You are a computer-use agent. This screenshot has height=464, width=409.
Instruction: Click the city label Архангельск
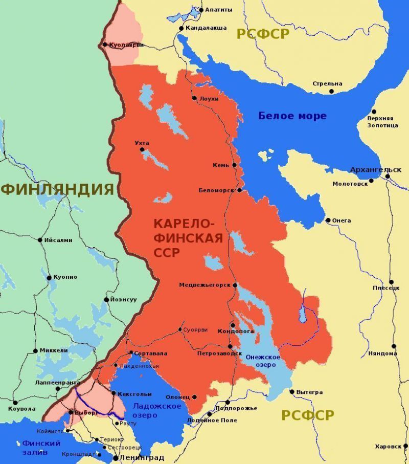(x=375, y=169)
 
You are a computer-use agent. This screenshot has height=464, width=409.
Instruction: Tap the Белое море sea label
(x=292, y=116)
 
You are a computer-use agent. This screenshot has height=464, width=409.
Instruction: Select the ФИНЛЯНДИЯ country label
(x=57, y=189)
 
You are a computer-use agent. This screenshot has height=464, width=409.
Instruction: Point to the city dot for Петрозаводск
(x=230, y=346)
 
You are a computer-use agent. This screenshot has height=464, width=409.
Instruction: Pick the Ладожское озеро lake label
(x=150, y=410)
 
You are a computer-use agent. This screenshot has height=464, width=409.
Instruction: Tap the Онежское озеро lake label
(x=263, y=361)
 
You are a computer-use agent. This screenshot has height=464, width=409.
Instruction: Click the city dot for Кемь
(x=235, y=165)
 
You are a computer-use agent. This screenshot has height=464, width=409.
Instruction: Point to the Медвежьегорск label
(x=204, y=285)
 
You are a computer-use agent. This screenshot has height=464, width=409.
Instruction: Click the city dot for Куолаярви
(x=105, y=45)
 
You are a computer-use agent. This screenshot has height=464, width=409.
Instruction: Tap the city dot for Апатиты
(x=201, y=10)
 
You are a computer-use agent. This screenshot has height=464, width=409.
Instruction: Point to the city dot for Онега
(x=328, y=220)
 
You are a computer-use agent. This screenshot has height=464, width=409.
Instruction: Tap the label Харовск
(x=388, y=446)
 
